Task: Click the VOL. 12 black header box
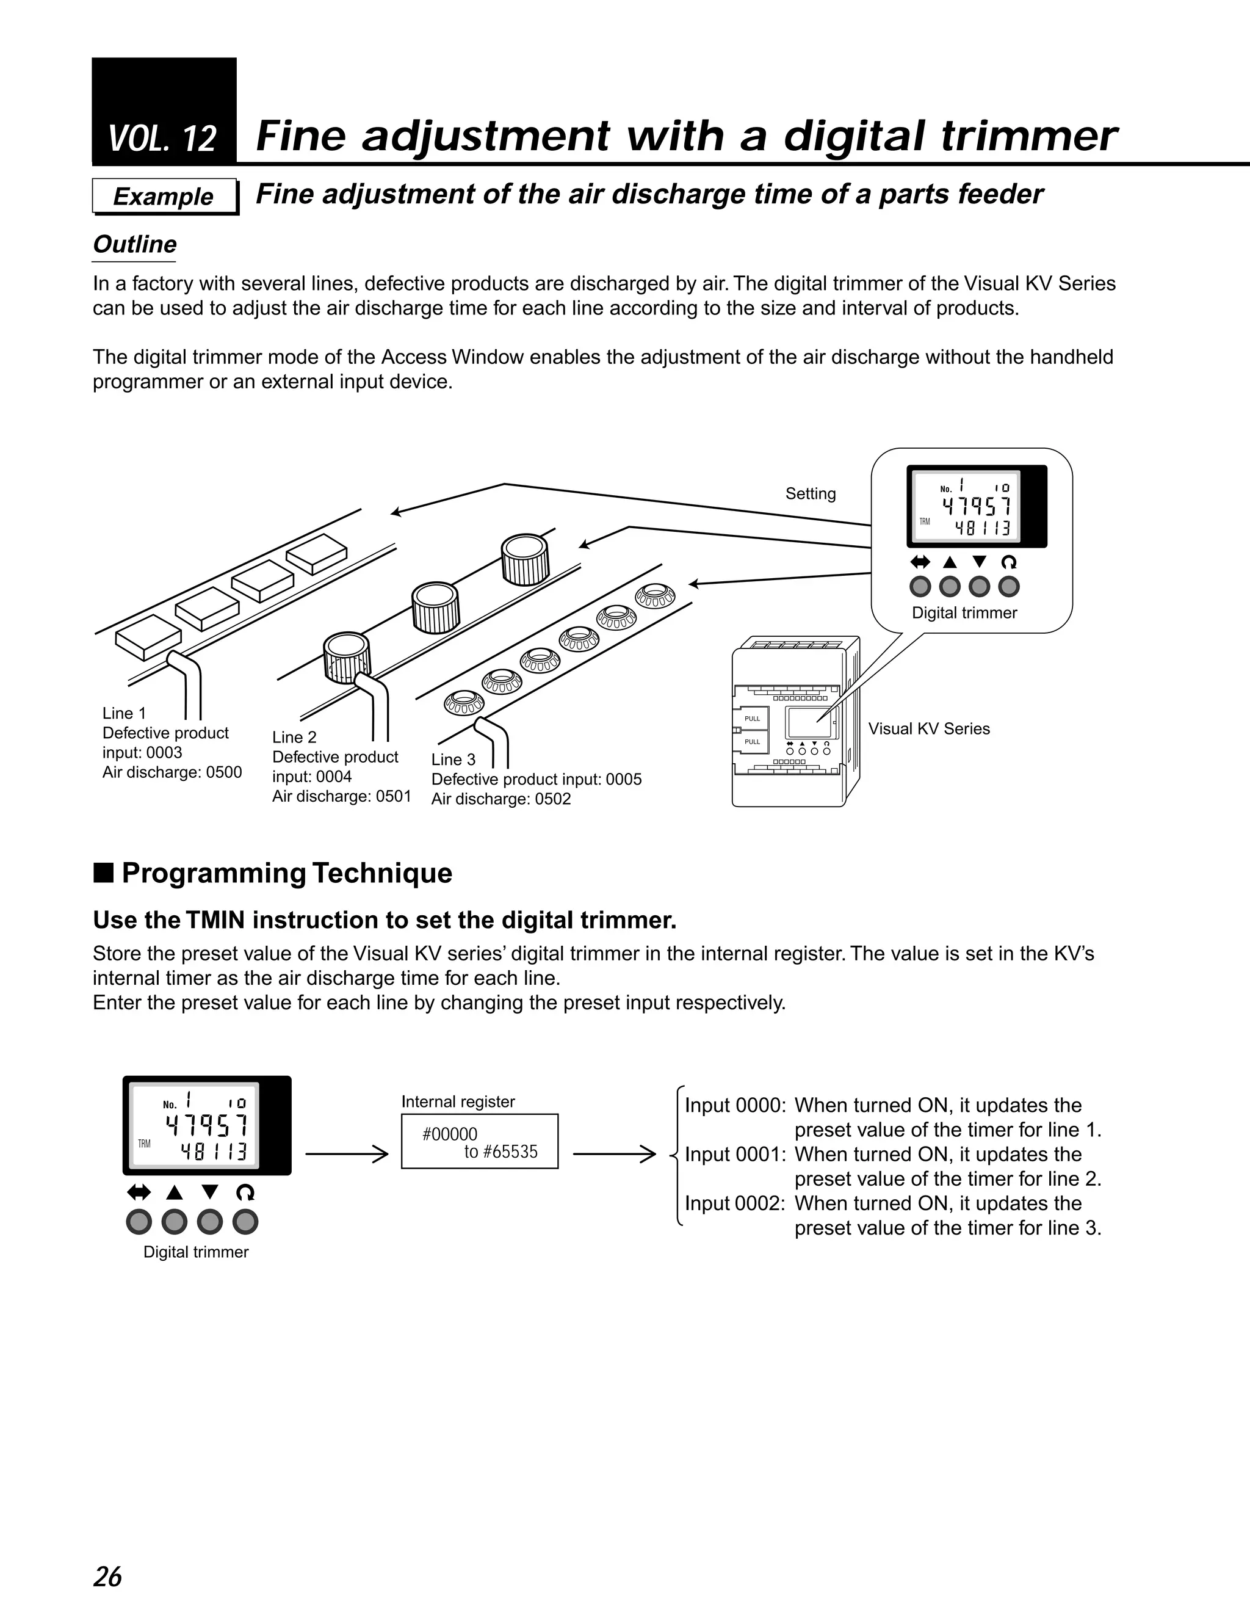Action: pyautogui.click(x=164, y=111)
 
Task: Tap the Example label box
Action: pyautogui.click(x=164, y=197)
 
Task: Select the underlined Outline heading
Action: pyautogui.click(x=134, y=244)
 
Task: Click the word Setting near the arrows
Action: pyautogui.click(x=810, y=493)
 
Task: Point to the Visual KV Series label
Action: pyautogui.click(x=928, y=728)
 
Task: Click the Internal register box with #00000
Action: pyautogui.click(x=479, y=1142)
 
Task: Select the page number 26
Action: pyautogui.click(x=107, y=1576)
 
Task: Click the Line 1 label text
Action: pyautogui.click(x=124, y=713)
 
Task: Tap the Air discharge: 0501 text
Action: pyautogui.click(x=341, y=796)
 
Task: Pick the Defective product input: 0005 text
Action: pyautogui.click(x=536, y=778)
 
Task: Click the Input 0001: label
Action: pyautogui.click(x=735, y=1154)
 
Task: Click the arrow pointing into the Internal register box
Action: pyautogui.click(x=347, y=1153)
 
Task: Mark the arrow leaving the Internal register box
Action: pyautogui.click(x=614, y=1153)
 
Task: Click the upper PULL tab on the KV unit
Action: pyautogui.click(x=751, y=719)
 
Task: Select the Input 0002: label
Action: pyautogui.click(x=735, y=1203)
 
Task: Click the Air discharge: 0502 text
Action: pyautogui.click(x=500, y=799)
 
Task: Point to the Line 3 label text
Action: pyautogui.click(x=453, y=760)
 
